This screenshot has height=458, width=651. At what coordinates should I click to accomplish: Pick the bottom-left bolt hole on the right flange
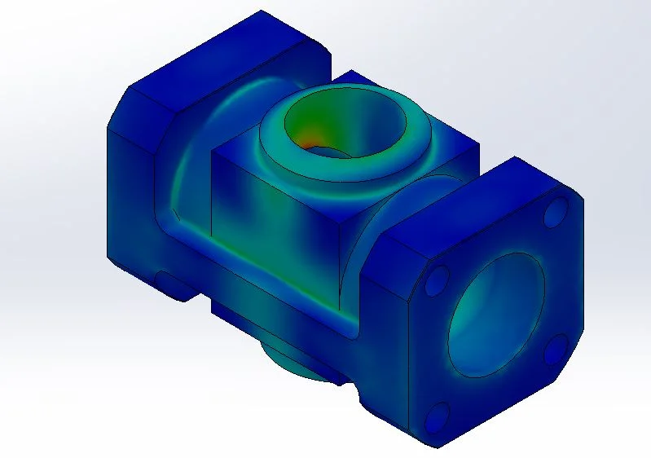coord(438,418)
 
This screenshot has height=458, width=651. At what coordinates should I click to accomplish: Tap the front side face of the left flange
coord(130,204)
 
